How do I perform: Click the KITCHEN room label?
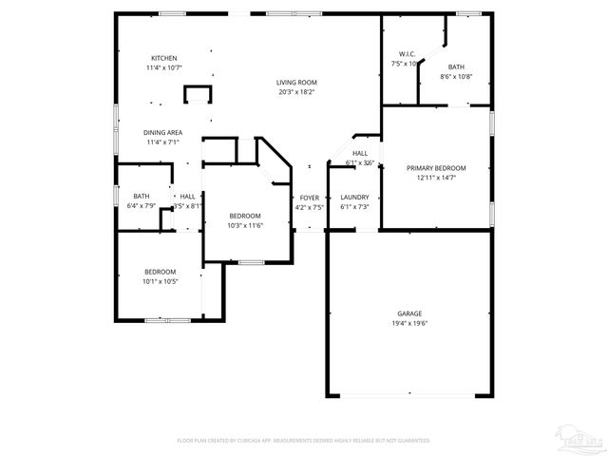pyautogui.click(x=164, y=58)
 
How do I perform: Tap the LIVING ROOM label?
pyautogui.click(x=297, y=82)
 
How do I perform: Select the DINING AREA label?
pyautogui.click(x=163, y=132)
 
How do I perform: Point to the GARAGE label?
pyautogui.click(x=409, y=313)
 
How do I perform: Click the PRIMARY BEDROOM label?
pyautogui.click(x=436, y=167)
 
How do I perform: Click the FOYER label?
pyautogui.click(x=310, y=197)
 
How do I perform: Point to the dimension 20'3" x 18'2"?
pyautogui.click(x=297, y=92)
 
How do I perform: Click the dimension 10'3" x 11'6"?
pyautogui.click(x=244, y=225)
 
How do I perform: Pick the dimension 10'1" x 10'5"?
pyautogui.click(x=160, y=281)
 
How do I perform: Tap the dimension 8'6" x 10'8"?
pyautogui.click(x=456, y=76)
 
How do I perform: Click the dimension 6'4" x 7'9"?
pyautogui.click(x=141, y=206)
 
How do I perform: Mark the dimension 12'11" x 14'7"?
pyautogui.click(x=436, y=178)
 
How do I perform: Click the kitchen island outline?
pyautogui.click(x=197, y=93)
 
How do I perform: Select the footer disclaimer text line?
pyautogui.click(x=304, y=441)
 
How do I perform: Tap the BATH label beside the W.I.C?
pyautogui.click(x=456, y=66)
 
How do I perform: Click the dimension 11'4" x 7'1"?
pyautogui.click(x=163, y=142)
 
